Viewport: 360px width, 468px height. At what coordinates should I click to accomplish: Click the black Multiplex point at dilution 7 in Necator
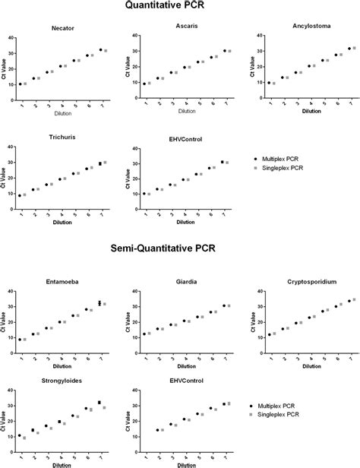(x=101, y=50)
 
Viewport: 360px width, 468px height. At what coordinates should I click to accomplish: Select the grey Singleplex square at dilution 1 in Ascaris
(x=149, y=83)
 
